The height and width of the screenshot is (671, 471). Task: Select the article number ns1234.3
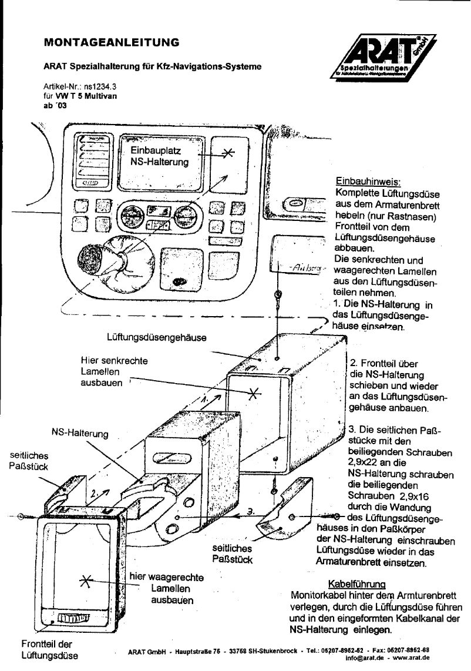(x=97, y=86)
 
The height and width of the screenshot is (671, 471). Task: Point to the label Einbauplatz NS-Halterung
(x=160, y=158)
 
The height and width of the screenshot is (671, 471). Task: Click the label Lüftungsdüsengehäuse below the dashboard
(x=156, y=338)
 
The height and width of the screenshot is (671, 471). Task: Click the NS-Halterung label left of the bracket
(x=83, y=432)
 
